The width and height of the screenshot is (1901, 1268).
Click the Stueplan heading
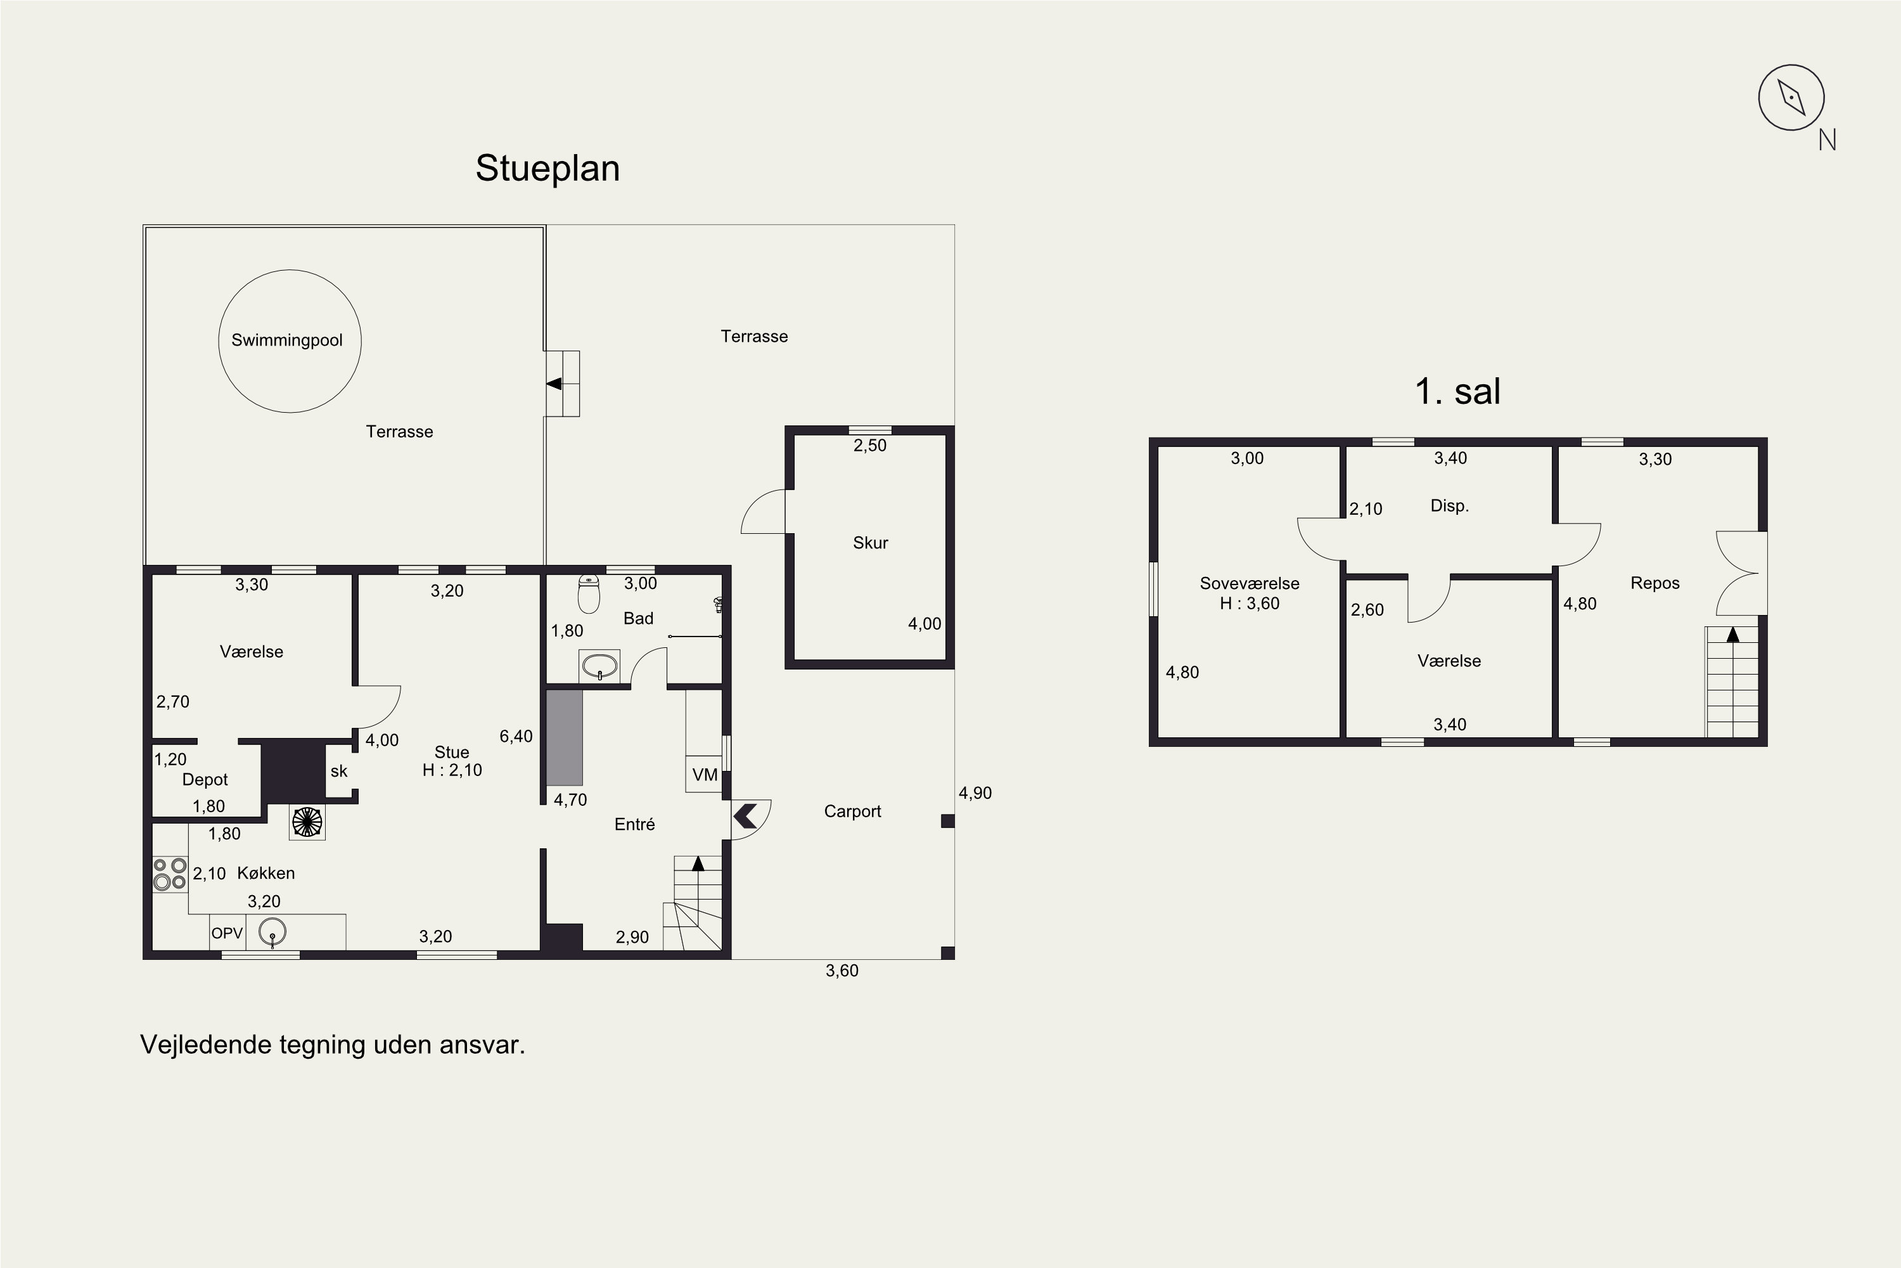[x=547, y=168]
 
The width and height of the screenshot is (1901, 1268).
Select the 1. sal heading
[x=1457, y=391]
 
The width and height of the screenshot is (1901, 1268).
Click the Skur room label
[x=871, y=543]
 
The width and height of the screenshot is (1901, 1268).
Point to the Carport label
[x=853, y=811]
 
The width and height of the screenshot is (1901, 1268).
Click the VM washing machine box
[x=704, y=774]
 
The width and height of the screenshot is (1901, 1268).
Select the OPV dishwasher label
[x=227, y=933]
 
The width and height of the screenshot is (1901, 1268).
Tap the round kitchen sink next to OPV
[x=272, y=933]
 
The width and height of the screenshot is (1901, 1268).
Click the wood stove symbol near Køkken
[x=307, y=822]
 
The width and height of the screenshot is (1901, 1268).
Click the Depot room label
[x=205, y=780]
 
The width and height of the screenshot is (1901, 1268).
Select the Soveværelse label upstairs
[x=1250, y=583]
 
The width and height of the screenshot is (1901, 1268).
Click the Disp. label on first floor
[x=1449, y=506]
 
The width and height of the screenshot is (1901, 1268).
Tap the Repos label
[x=1655, y=583]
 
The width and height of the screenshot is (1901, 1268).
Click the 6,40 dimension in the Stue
[x=516, y=736]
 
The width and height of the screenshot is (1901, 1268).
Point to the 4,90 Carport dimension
[x=975, y=792]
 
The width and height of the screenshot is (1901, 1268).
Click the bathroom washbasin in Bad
[x=599, y=666]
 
